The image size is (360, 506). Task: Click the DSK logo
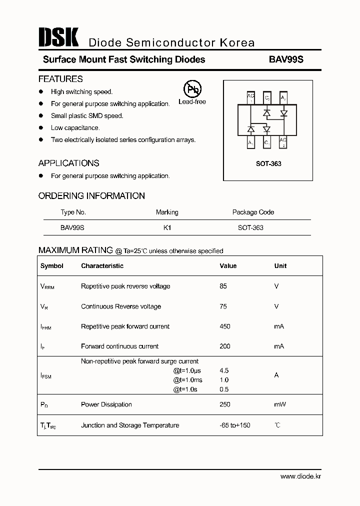click(x=58, y=38)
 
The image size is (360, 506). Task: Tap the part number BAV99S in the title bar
click(x=286, y=59)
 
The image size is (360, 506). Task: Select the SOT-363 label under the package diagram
click(x=268, y=163)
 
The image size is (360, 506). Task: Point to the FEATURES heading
click(x=60, y=79)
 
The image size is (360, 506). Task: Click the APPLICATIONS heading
click(x=68, y=163)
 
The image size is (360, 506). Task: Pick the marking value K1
click(x=167, y=227)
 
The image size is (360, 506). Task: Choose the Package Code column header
click(x=253, y=212)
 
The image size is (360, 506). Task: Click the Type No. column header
click(x=73, y=212)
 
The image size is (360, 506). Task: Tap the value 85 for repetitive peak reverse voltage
click(x=223, y=286)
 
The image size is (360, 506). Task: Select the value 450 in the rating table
click(x=225, y=326)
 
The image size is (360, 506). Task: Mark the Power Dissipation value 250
click(x=225, y=404)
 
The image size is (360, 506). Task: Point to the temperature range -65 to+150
click(x=235, y=425)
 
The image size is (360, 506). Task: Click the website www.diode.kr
click(x=300, y=476)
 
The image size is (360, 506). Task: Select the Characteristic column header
click(x=102, y=266)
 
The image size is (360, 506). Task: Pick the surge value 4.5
click(x=224, y=370)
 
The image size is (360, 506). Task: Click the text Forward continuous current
click(x=119, y=346)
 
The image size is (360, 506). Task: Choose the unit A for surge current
click(x=276, y=375)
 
